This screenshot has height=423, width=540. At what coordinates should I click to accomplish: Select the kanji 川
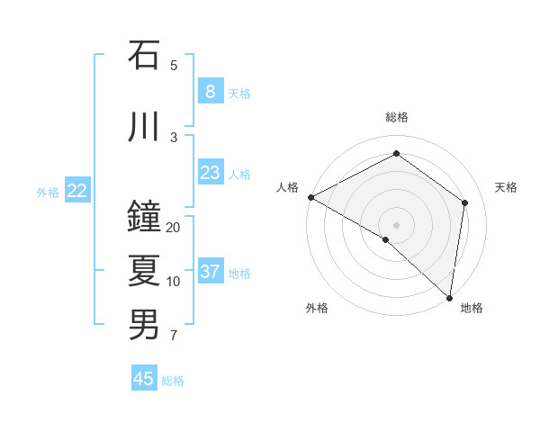pos(144,127)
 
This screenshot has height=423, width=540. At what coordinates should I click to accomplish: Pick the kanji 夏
pos(144,271)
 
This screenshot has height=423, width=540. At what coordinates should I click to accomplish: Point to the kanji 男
pos(144,325)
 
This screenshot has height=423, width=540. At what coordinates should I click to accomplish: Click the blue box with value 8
pos(210,92)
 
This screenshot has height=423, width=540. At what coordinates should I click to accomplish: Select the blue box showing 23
pos(210,173)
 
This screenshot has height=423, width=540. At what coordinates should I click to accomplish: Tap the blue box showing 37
pos(210,272)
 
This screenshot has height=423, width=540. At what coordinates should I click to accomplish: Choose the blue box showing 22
pos(77,191)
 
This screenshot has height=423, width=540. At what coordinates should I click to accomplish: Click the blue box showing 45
pos(144,379)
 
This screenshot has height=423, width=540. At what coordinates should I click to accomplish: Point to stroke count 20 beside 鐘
pos(174,228)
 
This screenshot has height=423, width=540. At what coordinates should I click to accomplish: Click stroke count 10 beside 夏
pos(174,282)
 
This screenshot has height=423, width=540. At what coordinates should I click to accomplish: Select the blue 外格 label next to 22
pos(48,192)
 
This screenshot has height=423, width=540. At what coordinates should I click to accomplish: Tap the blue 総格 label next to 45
pos(173,381)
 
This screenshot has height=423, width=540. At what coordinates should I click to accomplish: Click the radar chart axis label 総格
pos(397,117)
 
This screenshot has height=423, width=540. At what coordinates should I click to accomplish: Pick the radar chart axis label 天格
pos(507,187)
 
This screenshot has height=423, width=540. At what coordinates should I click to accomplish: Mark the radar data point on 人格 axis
pos(310,197)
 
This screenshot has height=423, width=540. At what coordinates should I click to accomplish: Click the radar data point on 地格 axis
pos(449,297)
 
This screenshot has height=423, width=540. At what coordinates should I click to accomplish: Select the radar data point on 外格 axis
pos(386,239)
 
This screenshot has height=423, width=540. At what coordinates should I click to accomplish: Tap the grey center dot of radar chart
pos(397,224)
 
